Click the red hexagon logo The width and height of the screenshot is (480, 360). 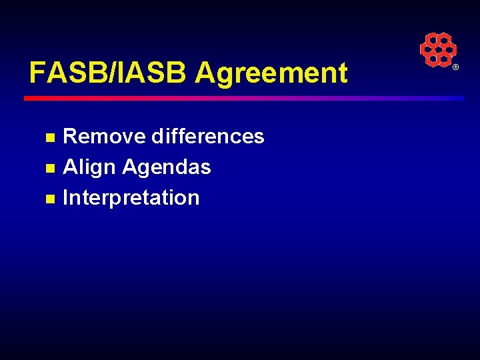point(437,49)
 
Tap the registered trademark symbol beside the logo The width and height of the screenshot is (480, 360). point(456,68)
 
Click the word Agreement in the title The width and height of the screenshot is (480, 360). point(271,73)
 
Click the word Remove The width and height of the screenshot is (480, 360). point(104,137)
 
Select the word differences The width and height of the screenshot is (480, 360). point(208,137)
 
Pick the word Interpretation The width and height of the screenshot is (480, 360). point(131,198)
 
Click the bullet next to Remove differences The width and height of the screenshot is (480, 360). point(49,138)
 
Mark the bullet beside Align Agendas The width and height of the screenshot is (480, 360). point(49,169)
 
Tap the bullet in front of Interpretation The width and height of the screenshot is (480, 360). point(49,199)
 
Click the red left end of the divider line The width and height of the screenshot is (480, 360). point(30,98)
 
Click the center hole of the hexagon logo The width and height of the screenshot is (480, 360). point(437,49)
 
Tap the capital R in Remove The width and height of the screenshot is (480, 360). point(69,137)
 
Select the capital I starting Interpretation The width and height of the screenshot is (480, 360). point(65,198)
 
